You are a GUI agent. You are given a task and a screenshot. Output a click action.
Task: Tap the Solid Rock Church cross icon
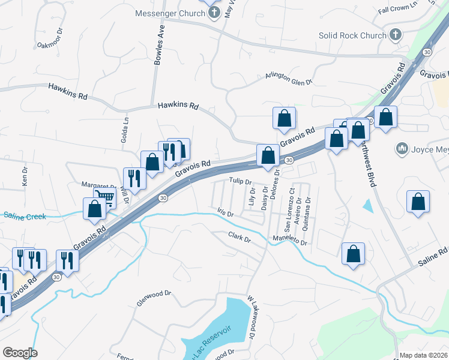coord(395,35)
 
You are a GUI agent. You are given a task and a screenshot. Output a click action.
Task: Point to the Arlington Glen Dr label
coord(289,79)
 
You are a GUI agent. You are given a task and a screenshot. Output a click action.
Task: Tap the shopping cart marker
coord(105,196)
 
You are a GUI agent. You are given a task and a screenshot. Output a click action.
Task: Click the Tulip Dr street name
coord(239,181)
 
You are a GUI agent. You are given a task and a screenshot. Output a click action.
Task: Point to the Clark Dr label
coord(239,238)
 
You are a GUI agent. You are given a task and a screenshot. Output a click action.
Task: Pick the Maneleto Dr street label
coord(289,240)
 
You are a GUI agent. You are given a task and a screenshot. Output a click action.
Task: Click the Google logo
coord(20,352)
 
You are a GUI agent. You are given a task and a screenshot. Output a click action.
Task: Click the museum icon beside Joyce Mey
coord(402,148)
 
